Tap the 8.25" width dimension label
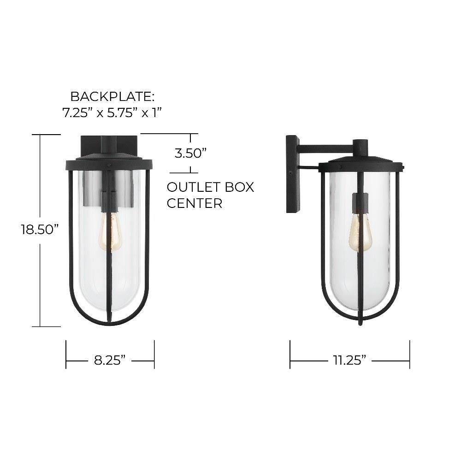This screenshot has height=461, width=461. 110,360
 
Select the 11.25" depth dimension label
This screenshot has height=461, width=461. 349,360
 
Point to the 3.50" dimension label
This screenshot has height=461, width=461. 190,153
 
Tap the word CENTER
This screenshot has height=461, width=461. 195,203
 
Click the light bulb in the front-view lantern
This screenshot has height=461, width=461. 110,231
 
